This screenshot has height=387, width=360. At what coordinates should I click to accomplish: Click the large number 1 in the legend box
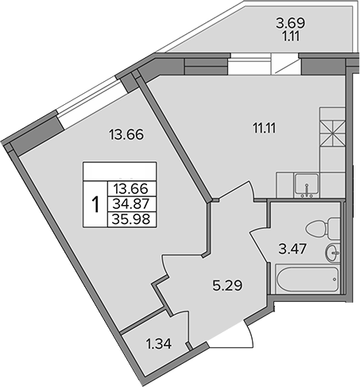[x=95, y=204]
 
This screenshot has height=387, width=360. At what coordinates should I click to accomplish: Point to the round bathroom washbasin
[x=332, y=253]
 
